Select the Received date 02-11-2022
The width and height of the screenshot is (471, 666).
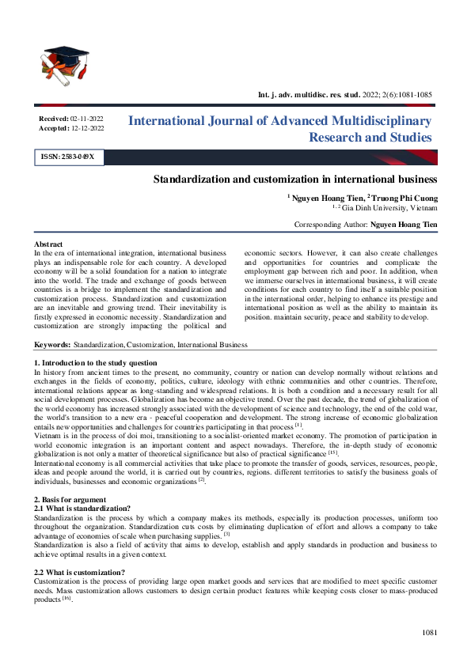pos(87,117)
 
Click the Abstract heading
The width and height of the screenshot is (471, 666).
pos(48,244)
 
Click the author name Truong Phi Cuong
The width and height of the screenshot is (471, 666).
pos(405,197)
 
